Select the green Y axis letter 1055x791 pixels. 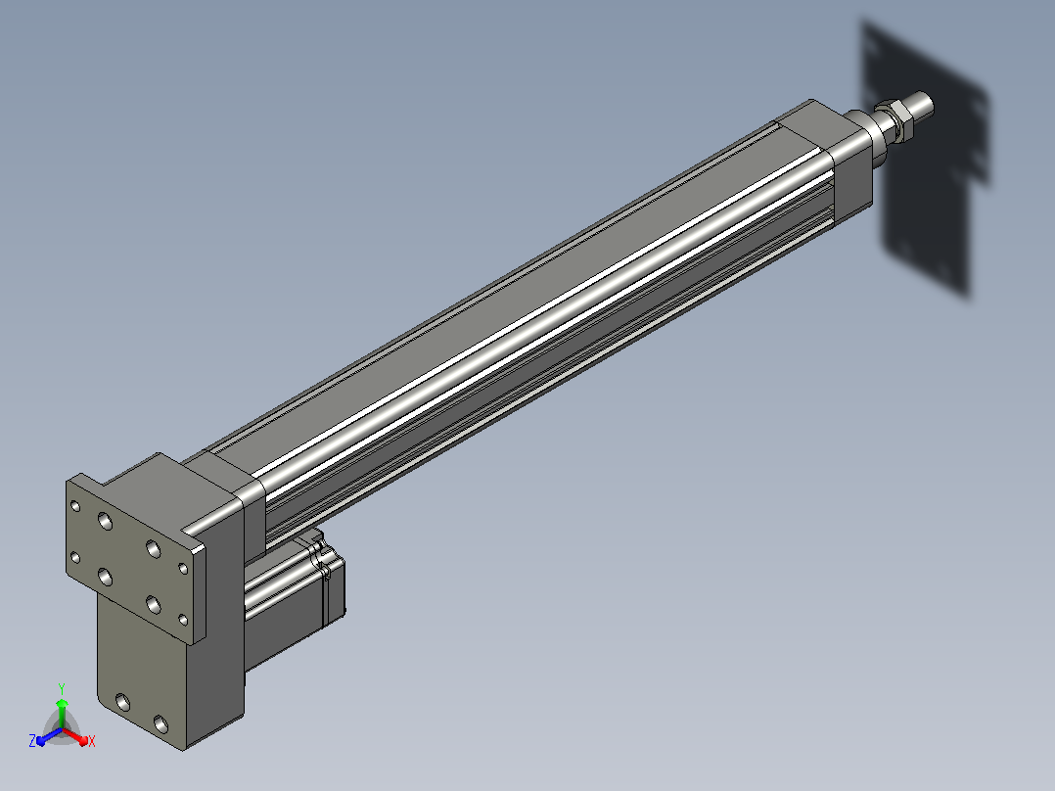tap(62, 688)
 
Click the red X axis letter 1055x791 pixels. tap(92, 741)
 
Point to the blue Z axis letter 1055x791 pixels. tap(32, 740)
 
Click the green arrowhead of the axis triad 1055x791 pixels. tap(62, 704)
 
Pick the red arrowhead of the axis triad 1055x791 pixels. tap(82, 740)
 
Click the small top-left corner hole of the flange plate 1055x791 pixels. tap(75, 505)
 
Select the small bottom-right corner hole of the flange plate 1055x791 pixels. tap(183, 620)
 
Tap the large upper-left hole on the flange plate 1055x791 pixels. tap(105, 521)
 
